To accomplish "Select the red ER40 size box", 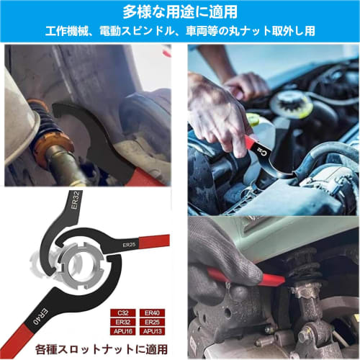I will (x=155, y=314).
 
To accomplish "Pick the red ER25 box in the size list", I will (x=155, y=323).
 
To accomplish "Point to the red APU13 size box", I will (x=155, y=331).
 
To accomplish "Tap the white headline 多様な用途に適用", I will (x=179, y=12).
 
